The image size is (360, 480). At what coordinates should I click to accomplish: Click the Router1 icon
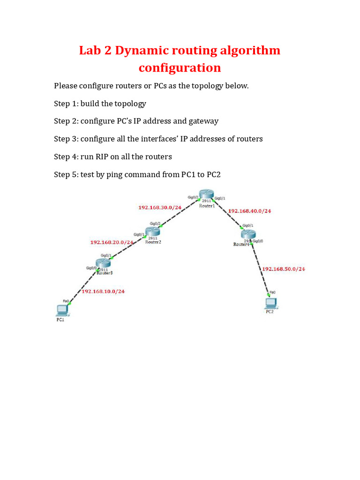coord(205,195)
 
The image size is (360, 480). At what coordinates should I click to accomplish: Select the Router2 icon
coord(153,231)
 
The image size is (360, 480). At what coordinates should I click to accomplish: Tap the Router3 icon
coord(103,263)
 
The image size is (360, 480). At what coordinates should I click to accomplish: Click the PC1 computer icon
coord(61,310)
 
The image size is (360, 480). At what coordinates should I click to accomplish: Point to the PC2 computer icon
coord(270,302)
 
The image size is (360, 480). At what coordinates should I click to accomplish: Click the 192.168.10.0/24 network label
coord(103,291)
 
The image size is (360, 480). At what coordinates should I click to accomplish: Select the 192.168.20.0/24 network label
coord(112,242)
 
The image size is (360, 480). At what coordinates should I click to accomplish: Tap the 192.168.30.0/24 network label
coord(160,207)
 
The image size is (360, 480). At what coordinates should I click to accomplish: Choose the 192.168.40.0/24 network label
coord(249,211)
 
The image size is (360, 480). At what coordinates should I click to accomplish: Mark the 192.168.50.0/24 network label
coord(283,269)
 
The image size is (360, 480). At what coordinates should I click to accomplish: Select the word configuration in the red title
coord(180,68)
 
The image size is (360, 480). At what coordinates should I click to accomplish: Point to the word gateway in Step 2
coord(203,121)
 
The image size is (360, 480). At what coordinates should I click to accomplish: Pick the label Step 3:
coord(66,139)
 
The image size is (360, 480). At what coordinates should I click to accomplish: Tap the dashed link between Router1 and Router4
coord(228,216)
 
